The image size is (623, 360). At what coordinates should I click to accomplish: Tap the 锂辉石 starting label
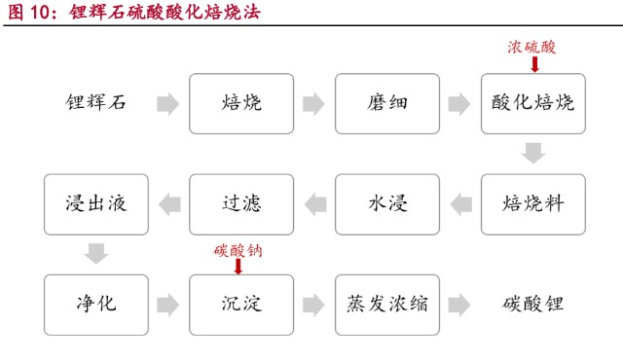[x=95, y=102]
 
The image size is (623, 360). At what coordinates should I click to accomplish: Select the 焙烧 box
[x=241, y=102]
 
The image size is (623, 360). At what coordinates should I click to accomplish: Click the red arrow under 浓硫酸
[x=533, y=63]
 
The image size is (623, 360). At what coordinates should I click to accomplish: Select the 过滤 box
[x=241, y=203]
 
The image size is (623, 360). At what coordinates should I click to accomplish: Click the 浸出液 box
[x=95, y=203]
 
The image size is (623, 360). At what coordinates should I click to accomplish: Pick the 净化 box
[x=95, y=305]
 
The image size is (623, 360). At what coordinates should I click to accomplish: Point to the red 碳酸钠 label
[x=238, y=249]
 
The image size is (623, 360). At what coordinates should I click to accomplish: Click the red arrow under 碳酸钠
[x=239, y=266]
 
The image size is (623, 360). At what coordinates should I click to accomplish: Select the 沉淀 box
[x=241, y=305]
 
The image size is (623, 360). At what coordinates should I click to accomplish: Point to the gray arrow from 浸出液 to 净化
[x=95, y=254]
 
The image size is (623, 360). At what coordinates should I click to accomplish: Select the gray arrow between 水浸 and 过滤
[x=314, y=203]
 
